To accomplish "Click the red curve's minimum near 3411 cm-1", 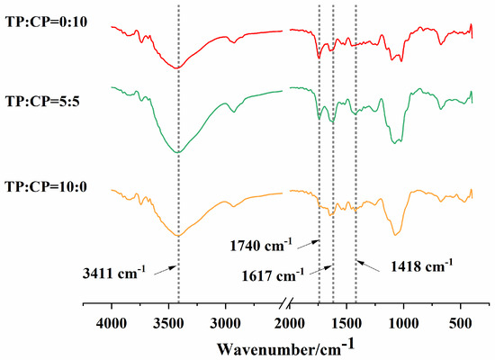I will [x=177, y=67].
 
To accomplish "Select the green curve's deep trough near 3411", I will [x=177, y=153].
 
